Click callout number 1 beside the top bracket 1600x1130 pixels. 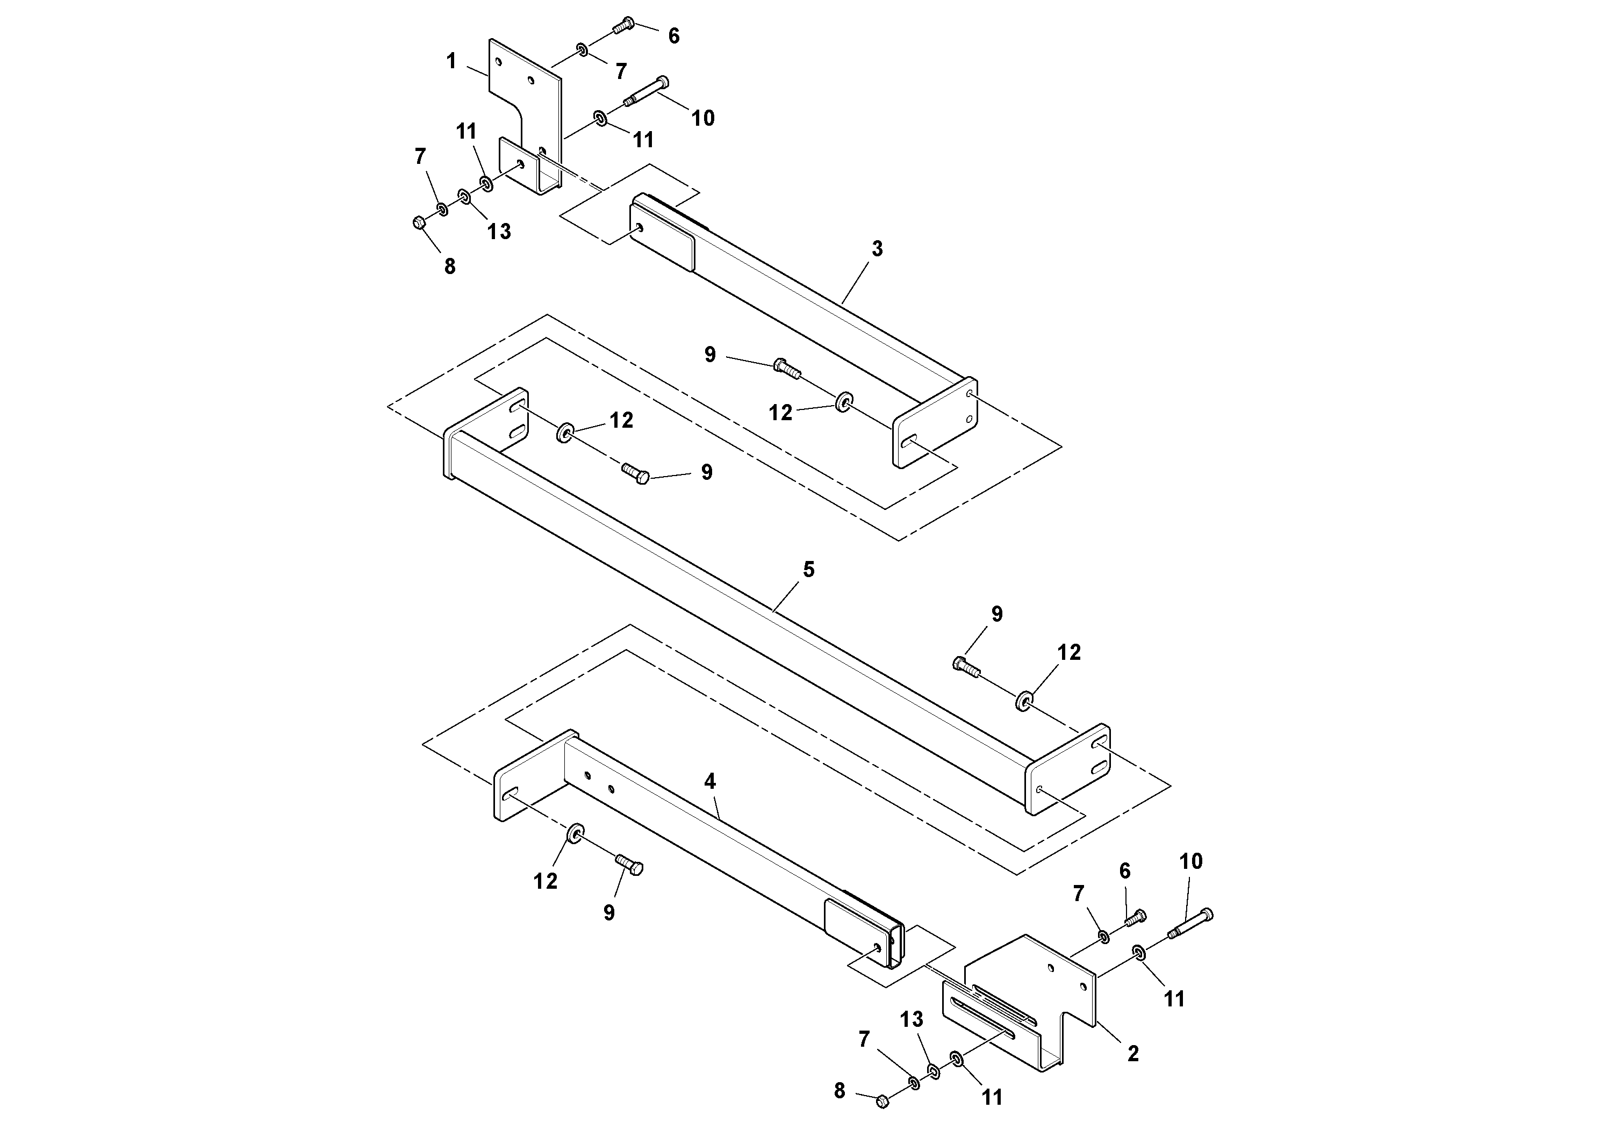(451, 61)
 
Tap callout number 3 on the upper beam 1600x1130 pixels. (877, 249)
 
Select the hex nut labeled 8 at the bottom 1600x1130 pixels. (881, 1101)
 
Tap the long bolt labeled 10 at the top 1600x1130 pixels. (644, 92)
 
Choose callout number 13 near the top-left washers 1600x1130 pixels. (499, 231)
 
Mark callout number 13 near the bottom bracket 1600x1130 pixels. (912, 1019)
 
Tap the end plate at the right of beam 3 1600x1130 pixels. (935, 422)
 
